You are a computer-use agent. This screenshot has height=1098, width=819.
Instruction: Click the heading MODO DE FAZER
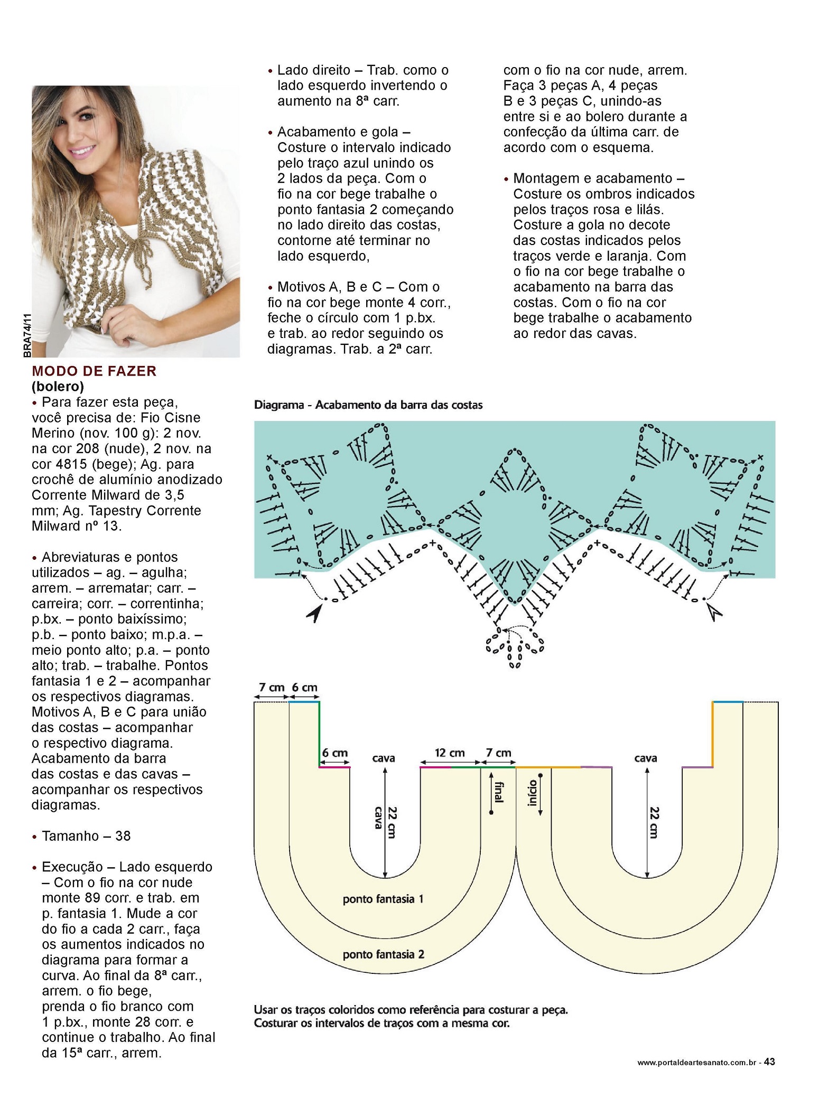(94, 371)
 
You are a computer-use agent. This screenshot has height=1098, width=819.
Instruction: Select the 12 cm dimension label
(450, 753)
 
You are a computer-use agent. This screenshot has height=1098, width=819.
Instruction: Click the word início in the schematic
(532, 793)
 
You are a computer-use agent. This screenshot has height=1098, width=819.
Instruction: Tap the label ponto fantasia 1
(383, 899)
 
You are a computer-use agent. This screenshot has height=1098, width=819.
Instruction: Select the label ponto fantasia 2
(383, 954)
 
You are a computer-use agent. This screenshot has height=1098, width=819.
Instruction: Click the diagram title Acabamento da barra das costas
(399, 405)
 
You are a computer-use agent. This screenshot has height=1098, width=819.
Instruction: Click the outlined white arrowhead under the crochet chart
(715, 612)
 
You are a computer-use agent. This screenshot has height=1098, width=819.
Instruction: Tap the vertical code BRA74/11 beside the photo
(27, 336)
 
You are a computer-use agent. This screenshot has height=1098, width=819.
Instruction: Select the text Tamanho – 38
(86, 836)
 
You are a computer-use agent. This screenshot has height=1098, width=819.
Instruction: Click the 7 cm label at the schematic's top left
(272, 688)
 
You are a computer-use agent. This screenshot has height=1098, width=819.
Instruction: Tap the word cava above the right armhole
(645, 758)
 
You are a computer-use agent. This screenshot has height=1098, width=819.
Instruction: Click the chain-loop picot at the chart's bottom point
(515, 645)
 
